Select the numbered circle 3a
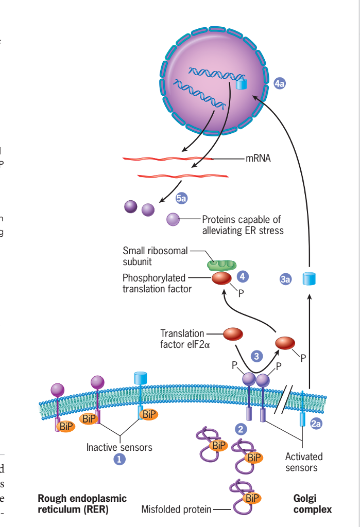285,279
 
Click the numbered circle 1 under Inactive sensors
119,460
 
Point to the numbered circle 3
256,356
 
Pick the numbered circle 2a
317,424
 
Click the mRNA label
258,158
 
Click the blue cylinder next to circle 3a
308,278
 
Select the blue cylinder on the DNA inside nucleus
241,83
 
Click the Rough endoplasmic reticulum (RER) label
82,504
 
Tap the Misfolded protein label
176,510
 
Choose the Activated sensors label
304,462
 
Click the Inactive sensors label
119,447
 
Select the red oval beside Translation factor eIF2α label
232,334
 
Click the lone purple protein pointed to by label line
173,220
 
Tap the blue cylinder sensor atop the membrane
141,378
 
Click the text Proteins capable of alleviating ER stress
242,225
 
